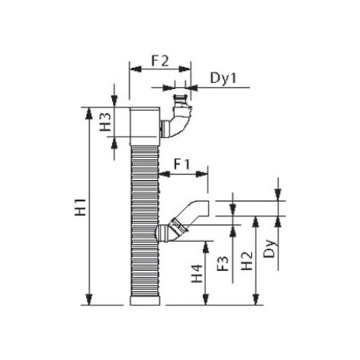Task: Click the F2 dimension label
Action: pos(160,61)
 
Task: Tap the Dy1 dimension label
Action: pos(223,78)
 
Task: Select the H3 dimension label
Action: pos(105,122)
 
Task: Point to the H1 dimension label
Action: pos(81,207)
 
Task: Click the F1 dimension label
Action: pos(181,164)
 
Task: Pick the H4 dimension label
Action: pos(197,274)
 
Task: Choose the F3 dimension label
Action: pos(223,264)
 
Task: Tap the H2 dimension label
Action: pos(247,261)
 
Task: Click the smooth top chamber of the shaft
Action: pos(145,126)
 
